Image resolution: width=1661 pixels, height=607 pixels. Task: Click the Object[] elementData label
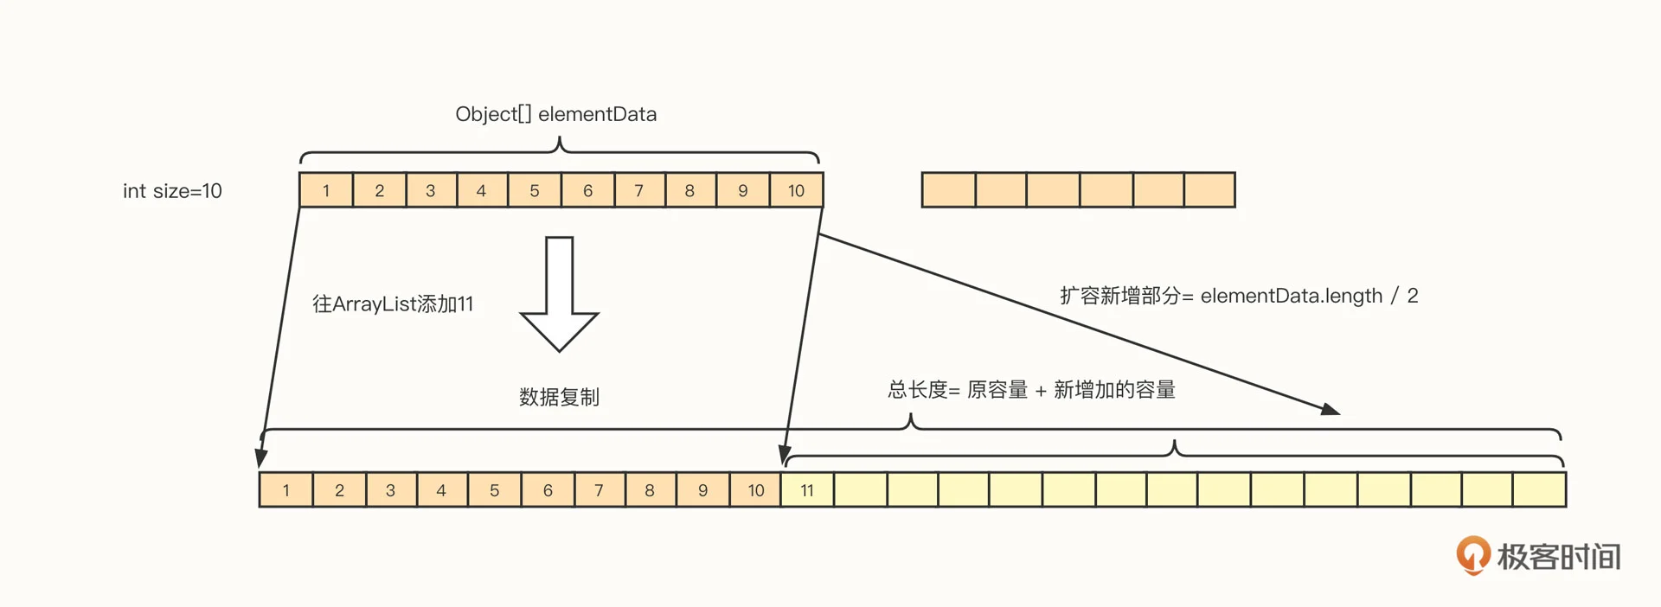coord(555,114)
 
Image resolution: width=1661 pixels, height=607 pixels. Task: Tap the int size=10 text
coord(172,191)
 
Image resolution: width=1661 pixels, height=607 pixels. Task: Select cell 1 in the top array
coord(326,190)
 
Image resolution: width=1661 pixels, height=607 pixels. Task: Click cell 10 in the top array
coord(796,190)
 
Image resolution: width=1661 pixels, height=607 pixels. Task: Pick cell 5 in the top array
coord(535,190)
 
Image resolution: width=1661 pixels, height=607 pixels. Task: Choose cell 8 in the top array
coord(689,190)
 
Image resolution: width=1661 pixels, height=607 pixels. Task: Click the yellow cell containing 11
coord(807,490)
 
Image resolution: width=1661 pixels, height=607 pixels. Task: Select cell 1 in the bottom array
coord(286,490)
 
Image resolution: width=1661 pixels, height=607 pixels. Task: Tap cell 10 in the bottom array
coord(755,490)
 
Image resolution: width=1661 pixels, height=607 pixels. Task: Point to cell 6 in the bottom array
coord(548,490)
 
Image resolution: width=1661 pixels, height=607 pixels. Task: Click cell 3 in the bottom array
coord(390,490)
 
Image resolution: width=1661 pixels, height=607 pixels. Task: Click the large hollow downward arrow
coord(559,294)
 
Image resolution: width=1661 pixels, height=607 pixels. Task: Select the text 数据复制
coord(559,397)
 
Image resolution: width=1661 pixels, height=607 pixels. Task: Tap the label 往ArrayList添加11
coord(393,304)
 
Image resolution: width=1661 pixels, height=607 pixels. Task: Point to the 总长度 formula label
coord(1031,390)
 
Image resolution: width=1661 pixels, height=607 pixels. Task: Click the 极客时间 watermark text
coord(1559,557)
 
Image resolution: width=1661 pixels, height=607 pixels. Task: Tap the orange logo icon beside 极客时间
coord(1472,555)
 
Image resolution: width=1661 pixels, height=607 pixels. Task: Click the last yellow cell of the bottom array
coord(1539,490)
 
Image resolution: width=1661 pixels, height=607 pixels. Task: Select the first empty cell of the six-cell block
coord(948,190)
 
